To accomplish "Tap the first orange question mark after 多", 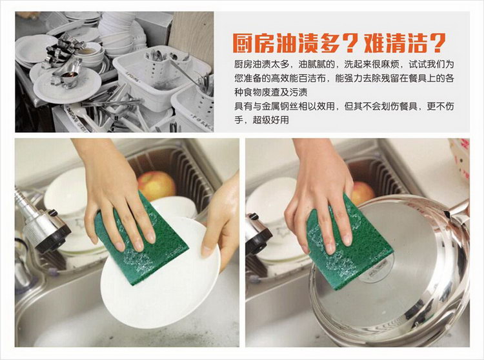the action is point(350,43).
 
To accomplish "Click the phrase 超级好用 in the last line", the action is point(270,120).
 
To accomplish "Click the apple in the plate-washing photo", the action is point(157,185).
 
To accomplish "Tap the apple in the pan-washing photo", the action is point(363,193).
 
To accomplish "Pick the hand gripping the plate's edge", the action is point(221,222).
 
